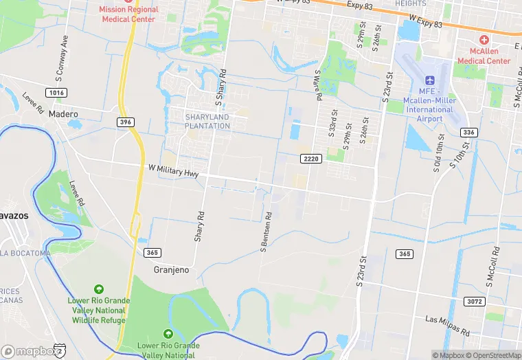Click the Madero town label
click(63, 114)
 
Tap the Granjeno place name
click(170, 270)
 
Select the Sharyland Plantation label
click(207, 122)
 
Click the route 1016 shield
click(57, 92)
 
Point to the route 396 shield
click(125, 122)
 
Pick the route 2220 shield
click(311, 159)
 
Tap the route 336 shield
click(469, 133)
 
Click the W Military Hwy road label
click(173, 172)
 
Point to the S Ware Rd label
click(318, 85)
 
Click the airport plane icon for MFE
click(430, 82)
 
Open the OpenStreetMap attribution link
click(492, 355)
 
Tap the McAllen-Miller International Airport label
click(430, 109)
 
